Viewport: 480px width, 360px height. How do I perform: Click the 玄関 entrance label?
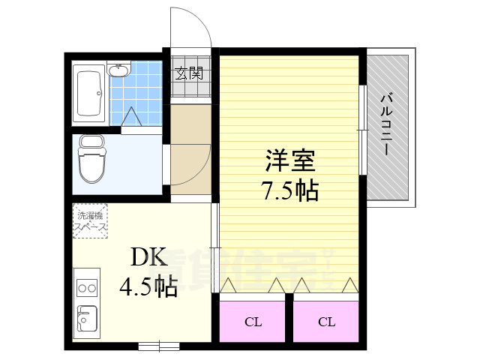(190, 73)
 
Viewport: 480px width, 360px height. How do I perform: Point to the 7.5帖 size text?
(290, 191)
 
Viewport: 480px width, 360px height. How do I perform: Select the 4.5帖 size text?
(148, 286)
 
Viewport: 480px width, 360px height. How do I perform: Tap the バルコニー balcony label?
(387, 124)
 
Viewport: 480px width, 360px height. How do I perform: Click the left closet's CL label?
(253, 322)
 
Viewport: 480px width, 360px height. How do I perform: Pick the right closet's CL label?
(326, 322)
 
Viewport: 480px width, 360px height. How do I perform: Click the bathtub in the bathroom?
(90, 92)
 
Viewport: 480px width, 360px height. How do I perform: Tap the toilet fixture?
(93, 159)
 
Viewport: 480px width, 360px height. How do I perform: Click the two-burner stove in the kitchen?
(88, 288)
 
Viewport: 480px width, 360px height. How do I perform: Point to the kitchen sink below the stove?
(87, 319)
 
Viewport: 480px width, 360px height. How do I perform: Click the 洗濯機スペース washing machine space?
(90, 220)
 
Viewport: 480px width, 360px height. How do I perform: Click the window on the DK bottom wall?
(158, 346)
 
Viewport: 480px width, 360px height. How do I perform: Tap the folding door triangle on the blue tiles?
(132, 117)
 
